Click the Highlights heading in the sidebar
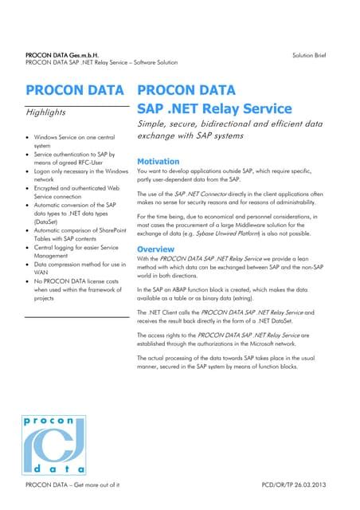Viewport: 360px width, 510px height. pyautogui.click(x=45, y=113)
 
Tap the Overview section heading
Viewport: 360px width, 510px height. pyautogui.click(x=159, y=249)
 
